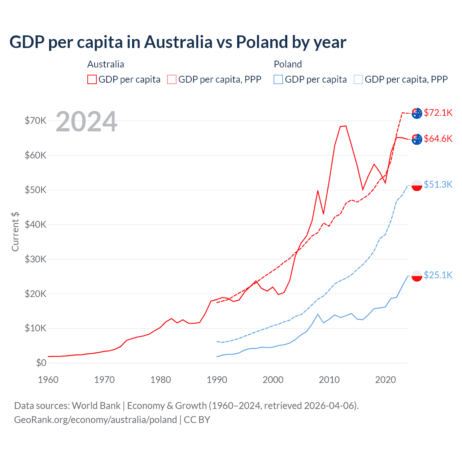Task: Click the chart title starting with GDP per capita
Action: tap(178, 42)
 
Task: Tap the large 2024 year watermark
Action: tap(86, 122)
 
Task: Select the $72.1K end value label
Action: tap(438, 113)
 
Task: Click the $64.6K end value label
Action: tap(438, 139)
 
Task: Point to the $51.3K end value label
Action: tap(438, 184)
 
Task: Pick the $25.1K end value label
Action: tap(438, 275)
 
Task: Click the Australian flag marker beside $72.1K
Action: tap(417, 113)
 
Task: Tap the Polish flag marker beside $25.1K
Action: tap(417, 276)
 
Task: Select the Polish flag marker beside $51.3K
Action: tap(417, 185)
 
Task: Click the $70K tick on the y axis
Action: tap(35, 121)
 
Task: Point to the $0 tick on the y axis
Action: tap(41, 363)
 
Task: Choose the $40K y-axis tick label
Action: tap(35, 225)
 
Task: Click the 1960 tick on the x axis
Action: tap(48, 380)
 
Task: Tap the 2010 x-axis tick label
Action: tap(329, 380)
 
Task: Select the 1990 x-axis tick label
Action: tap(217, 380)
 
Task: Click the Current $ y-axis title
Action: tap(15, 232)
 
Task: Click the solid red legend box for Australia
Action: tap(92, 79)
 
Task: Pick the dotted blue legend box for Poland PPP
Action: tap(358, 79)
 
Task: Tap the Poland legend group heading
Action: tap(288, 64)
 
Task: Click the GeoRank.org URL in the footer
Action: tap(95, 420)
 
